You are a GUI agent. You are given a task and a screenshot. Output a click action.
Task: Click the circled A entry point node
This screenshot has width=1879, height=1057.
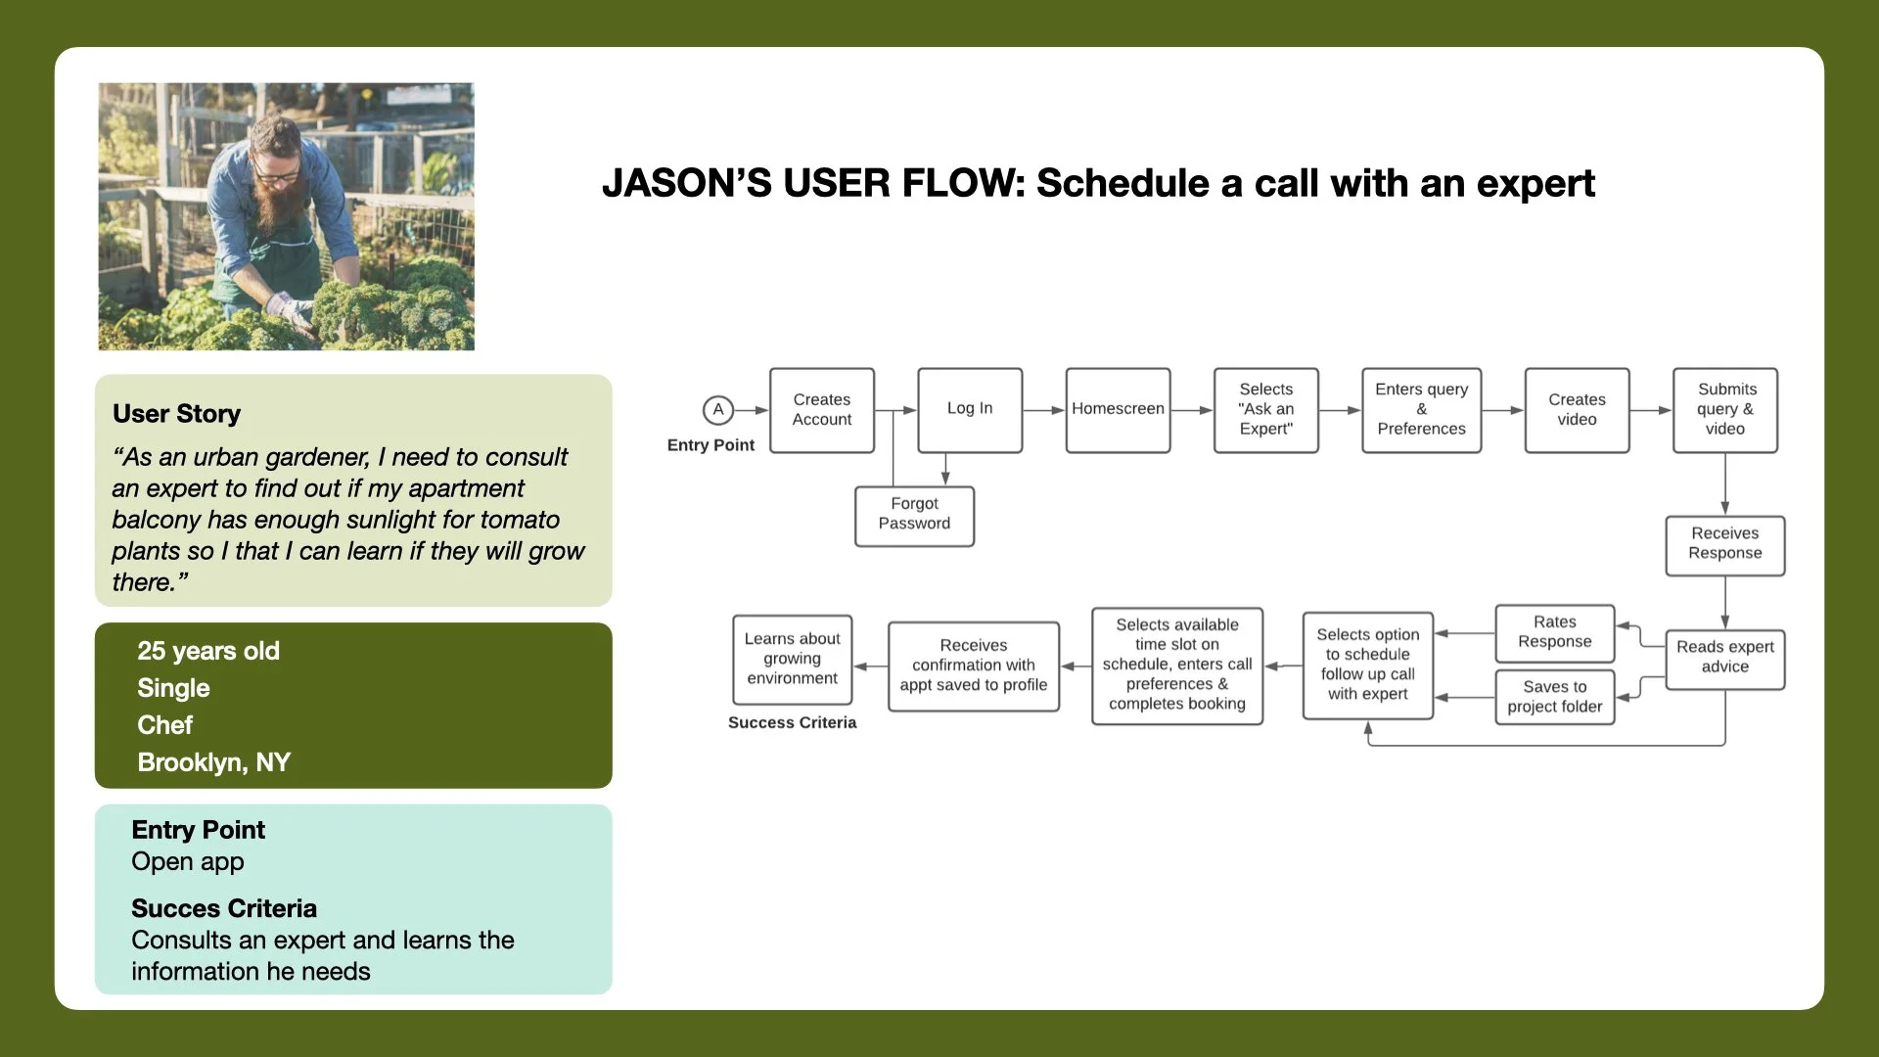pyautogui.click(x=718, y=410)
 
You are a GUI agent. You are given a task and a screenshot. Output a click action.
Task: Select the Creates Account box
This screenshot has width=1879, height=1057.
pyautogui.click(x=822, y=410)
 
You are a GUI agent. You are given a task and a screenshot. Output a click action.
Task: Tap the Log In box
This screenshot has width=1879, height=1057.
pyautogui.click(x=970, y=410)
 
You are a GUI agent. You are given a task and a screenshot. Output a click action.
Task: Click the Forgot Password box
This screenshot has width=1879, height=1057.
pyautogui.click(x=914, y=516)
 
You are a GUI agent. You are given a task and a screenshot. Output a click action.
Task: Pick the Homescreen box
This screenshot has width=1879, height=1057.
pyautogui.click(x=1118, y=410)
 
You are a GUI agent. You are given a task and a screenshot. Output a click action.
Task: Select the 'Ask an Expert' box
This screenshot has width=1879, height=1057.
pyautogui.click(x=1265, y=410)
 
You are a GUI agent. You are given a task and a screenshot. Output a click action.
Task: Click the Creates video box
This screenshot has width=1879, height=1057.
pyautogui.click(x=1577, y=410)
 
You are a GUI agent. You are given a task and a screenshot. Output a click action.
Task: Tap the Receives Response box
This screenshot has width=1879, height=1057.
pyautogui.click(x=1724, y=545)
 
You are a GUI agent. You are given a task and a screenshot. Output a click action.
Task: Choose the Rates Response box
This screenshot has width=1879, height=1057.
pyautogui.click(x=1554, y=633)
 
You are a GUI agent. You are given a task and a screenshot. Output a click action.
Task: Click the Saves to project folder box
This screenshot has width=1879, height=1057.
pyautogui.click(x=1554, y=697)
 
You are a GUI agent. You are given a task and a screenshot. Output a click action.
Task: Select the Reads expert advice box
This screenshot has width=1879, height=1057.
pyautogui.click(x=1724, y=659)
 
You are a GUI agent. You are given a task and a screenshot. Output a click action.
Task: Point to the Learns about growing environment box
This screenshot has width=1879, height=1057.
pyautogui.click(x=792, y=660)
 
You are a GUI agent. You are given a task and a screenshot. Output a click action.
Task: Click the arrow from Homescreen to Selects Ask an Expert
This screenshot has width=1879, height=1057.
pyautogui.click(x=1192, y=410)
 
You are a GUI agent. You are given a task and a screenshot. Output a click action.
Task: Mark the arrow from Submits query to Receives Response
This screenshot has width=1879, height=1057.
pyautogui.click(x=1724, y=484)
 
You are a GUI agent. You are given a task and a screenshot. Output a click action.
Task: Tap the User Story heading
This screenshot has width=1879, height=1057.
pyautogui.click(x=176, y=414)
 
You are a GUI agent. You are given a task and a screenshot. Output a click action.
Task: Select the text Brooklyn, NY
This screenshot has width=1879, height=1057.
pyautogui.click(x=213, y=762)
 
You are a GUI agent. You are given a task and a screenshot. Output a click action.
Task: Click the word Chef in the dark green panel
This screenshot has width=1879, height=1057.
pyautogui.click(x=164, y=725)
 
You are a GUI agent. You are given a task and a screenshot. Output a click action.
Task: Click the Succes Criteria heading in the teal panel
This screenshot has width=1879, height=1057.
pyautogui.click(x=223, y=908)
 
